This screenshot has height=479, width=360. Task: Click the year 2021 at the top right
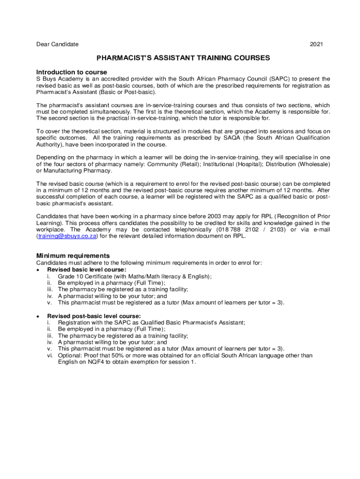pyautogui.click(x=316, y=44)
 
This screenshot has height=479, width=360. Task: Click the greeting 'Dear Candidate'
pyautogui.click(x=58, y=44)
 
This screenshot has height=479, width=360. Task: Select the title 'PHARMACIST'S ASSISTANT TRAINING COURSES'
pyautogui.click(x=183, y=58)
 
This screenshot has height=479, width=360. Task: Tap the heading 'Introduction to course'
pyautogui.click(x=72, y=72)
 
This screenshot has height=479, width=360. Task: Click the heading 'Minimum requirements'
pyautogui.click(x=73, y=256)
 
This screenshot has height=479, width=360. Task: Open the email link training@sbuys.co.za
pyautogui.click(x=67, y=236)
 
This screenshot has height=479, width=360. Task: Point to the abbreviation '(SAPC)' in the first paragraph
pyautogui.click(x=278, y=79)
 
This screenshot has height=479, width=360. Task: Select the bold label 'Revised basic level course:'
pyautogui.click(x=86, y=270)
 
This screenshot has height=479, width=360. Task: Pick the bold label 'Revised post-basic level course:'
pyautogui.click(x=94, y=316)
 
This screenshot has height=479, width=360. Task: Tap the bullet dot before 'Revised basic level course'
pyautogui.click(x=38, y=270)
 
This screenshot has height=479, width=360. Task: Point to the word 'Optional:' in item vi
pyautogui.click(x=71, y=356)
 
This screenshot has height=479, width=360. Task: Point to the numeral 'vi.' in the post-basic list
pyautogui.click(x=49, y=356)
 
